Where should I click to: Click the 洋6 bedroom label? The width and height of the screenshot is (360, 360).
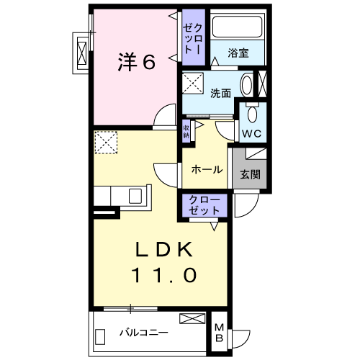pos(137,63)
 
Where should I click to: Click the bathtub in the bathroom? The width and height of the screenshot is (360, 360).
pos(240,29)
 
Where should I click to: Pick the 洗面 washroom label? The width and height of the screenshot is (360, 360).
pos(220,93)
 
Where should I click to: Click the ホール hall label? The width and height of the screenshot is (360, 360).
pos(207,170)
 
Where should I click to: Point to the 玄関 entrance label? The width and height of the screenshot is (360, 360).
pos(250,174)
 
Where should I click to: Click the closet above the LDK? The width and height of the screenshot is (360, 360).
pos(206,205)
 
